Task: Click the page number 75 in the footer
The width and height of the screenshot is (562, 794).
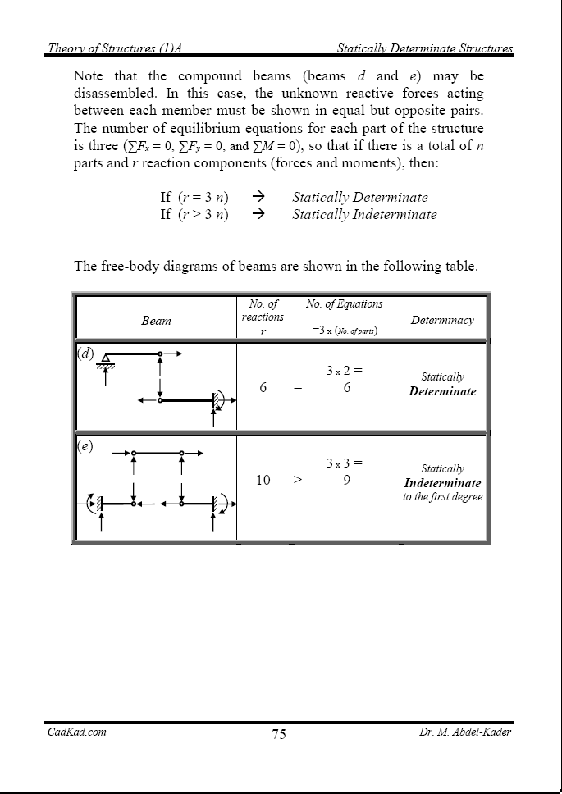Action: pyautogui.click(x=279, y=734)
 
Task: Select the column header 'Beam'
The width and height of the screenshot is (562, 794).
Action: pyautogui.click(x=156, y=321)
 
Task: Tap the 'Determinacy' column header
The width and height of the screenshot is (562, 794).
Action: pyautogui.click(x=442, y=321)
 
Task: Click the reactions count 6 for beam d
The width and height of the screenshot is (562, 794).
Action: pyautogui.click(x=263, y=388)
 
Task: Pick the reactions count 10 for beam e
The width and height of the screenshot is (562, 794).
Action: pyautogui.click(x=263, y=480)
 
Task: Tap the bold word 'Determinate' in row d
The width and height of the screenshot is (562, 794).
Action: pyautogui.click(x=442, y=391)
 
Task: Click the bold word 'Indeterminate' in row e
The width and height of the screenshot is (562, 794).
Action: pyautogui.click(x=442, y=483)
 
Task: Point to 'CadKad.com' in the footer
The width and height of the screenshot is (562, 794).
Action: pyautogui.click(x=75, y=732)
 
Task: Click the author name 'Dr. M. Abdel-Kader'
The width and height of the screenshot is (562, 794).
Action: pyautogui.click(x=459, y=732)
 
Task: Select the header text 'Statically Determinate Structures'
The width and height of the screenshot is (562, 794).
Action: pyautogui.click(x=425, y=49)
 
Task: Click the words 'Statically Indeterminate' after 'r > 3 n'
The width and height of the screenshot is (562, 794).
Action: pyautogui.click(x=364, y=215)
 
